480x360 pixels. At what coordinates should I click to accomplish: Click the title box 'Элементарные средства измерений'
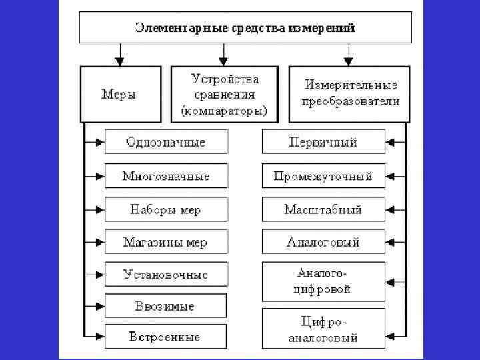[x=245, y=28]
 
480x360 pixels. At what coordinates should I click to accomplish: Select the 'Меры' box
[x=121, y=94]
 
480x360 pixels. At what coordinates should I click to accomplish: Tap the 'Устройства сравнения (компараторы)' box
[x=224, y=94]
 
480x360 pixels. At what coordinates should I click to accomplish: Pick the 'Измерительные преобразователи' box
[x=349, y=94]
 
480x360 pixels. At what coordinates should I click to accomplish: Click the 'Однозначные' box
[x=166, y=142]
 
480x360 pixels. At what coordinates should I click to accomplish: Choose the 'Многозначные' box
[x=166, y=177]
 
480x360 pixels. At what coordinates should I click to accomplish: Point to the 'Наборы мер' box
[x=166, y=209]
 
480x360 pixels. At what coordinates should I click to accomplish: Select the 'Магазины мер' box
[x=166, y=242]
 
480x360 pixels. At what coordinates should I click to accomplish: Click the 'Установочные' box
[x=166, y=274]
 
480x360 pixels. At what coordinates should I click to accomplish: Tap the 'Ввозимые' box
[x=166, y=306]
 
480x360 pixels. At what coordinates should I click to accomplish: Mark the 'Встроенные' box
[x=166, y=336]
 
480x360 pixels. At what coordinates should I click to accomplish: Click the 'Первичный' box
[x=323, y=142]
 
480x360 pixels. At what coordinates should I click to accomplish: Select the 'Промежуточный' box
[x=323, y=177]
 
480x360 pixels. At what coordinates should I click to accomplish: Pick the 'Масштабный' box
[x=323, y=209]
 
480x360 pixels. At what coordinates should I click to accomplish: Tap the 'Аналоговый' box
[x=323, y=242]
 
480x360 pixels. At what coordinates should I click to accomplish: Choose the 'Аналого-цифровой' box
[x=323, y=282]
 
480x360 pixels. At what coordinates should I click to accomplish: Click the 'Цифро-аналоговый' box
[x=323, y=329]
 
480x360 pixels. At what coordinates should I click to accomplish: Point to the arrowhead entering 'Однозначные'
[x=101, y=142]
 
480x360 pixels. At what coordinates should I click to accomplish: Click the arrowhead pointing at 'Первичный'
[x=390, y=142]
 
